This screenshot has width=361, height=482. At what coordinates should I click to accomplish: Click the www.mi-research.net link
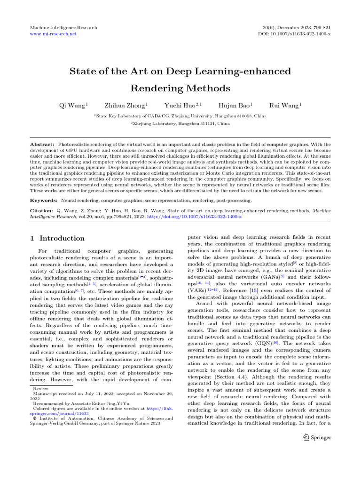click(53, 34)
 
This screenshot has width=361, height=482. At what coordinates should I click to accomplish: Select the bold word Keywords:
click(44, 200)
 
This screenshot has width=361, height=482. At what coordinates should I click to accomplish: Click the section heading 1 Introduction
click(57, 238)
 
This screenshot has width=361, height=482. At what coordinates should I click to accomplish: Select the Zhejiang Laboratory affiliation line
click(180, 123)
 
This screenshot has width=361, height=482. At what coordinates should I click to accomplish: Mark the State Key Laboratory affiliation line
click(180, 115)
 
